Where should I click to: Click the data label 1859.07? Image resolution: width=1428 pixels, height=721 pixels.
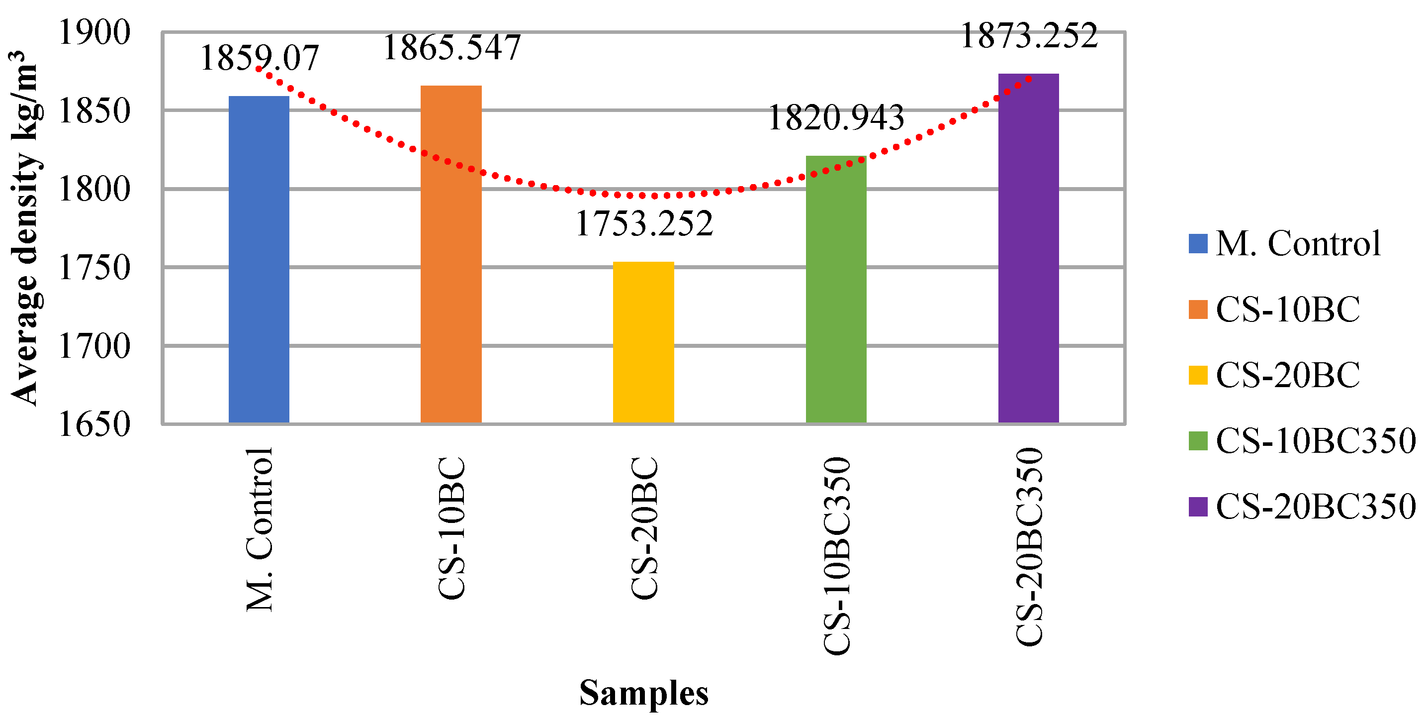pos(259,58)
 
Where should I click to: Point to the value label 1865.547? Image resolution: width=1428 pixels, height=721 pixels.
pos(451,47)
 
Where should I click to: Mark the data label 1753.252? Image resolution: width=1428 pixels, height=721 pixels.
pos(644,223)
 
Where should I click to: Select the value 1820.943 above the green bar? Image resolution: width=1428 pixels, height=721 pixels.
pos(835,117)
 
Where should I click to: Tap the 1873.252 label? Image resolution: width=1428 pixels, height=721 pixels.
pos(1028,36)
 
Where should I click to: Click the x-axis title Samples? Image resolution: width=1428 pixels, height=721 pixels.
pos(643,693)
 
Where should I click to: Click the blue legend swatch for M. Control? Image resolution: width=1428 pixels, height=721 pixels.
pos(1198,244)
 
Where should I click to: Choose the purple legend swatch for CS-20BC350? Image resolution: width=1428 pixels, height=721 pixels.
pos(1198,507)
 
